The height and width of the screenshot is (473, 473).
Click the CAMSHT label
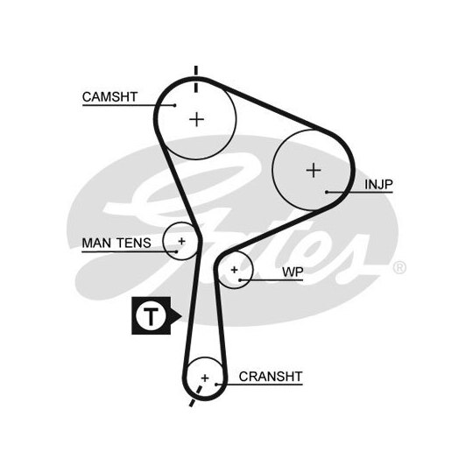tap(109, 97)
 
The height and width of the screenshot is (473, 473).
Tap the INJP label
tap(378, 184)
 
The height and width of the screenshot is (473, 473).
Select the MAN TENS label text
tap(116, 243)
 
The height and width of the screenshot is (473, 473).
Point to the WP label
tap(293, 272)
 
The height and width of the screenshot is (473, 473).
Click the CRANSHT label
tap(271, 377)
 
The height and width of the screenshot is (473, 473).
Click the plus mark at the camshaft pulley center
tap(197, 119)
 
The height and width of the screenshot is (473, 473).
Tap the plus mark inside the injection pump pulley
tap(314, 170)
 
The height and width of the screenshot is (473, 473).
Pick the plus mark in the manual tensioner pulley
tap(181, 241)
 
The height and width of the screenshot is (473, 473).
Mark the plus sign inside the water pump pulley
tap(234, 270)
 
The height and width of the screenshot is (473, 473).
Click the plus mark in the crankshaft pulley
tap(205, 378)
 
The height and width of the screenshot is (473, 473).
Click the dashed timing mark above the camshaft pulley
tap(196, 79)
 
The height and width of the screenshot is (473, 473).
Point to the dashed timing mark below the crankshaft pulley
tap(195, 396)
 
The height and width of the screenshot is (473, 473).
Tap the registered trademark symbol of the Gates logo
tap(399, 268)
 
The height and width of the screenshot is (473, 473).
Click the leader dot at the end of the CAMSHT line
tap(174, 105)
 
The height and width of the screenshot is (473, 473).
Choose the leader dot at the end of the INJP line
tap(327, 192)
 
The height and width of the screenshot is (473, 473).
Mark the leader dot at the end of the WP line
tap(240, 280)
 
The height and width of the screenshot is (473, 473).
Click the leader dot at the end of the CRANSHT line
tap(216, 385)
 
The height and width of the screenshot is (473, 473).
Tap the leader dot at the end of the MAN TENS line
tap(176, 251)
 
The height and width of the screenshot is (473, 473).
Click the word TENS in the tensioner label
tap(134, 243)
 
